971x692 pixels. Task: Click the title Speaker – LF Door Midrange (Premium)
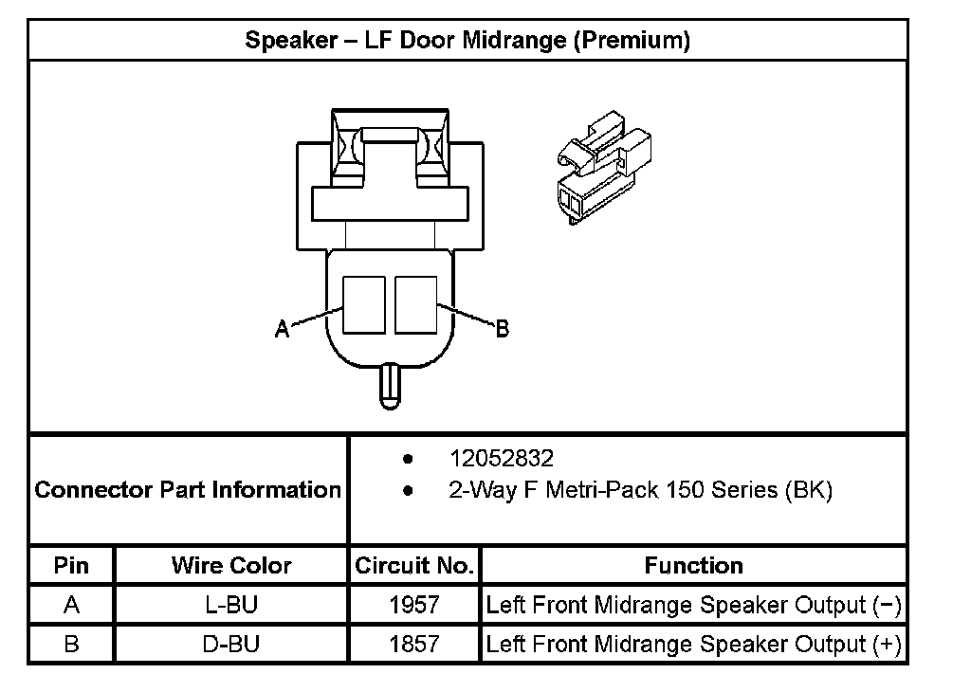point(467,41)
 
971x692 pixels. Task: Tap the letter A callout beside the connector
point(282,329)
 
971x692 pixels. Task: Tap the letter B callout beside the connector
point(503,329)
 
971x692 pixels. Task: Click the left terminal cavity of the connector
point(364,304)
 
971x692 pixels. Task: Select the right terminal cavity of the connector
point(416,304)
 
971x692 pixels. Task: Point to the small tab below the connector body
point(390,386)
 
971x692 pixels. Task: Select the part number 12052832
point(501,459)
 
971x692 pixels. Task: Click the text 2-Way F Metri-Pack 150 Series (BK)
point(640,491)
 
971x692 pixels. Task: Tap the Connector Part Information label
point(188,490)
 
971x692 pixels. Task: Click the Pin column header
point(71,566)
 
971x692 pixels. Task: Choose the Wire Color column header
point(231,566)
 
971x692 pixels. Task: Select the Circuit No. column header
point(413,566)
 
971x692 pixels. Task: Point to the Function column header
point(693,566)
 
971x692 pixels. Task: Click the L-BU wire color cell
point(231,605)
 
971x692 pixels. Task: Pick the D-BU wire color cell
point(231,645)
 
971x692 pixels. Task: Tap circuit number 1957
point(414,605)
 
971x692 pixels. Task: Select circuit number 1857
point(414,645)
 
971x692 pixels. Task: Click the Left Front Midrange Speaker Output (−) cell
point(693,605)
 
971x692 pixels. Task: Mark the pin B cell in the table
point(71,645)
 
